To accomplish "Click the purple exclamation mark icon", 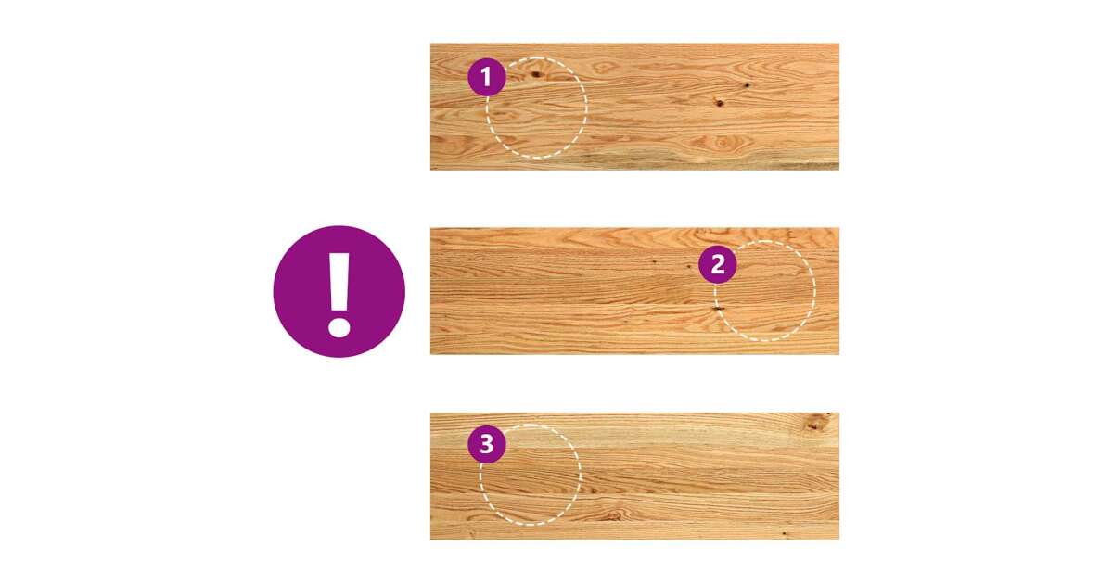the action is tap(339, 291).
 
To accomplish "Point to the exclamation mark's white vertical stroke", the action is tap(339, 282).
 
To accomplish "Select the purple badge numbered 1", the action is tap(486, 77).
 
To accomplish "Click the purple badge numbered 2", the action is tap(718, 265).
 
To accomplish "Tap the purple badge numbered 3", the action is tap(486, 444).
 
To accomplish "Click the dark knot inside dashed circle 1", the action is tap(536, 74).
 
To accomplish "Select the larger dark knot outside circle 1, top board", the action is tap(719, 103).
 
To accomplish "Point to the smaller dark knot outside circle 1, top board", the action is tap(747, 85).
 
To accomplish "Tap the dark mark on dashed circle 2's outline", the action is tap(718, 309).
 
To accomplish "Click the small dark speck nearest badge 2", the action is tap(688, 267).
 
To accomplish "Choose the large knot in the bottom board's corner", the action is tap(816, 423).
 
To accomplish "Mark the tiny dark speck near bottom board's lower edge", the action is tap(784, 534).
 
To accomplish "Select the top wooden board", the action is tap(634, 107).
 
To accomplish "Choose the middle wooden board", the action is tap(634, 291).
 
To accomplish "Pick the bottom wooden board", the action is tap(634, 476).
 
